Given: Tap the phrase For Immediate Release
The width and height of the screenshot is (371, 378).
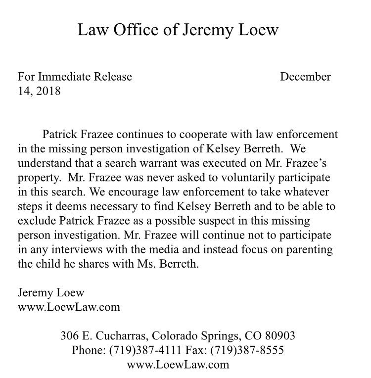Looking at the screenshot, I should (75, 77).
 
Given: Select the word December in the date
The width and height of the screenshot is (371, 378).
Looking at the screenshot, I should (305, 77).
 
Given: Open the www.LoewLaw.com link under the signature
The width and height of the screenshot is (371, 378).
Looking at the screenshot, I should (69, 307).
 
